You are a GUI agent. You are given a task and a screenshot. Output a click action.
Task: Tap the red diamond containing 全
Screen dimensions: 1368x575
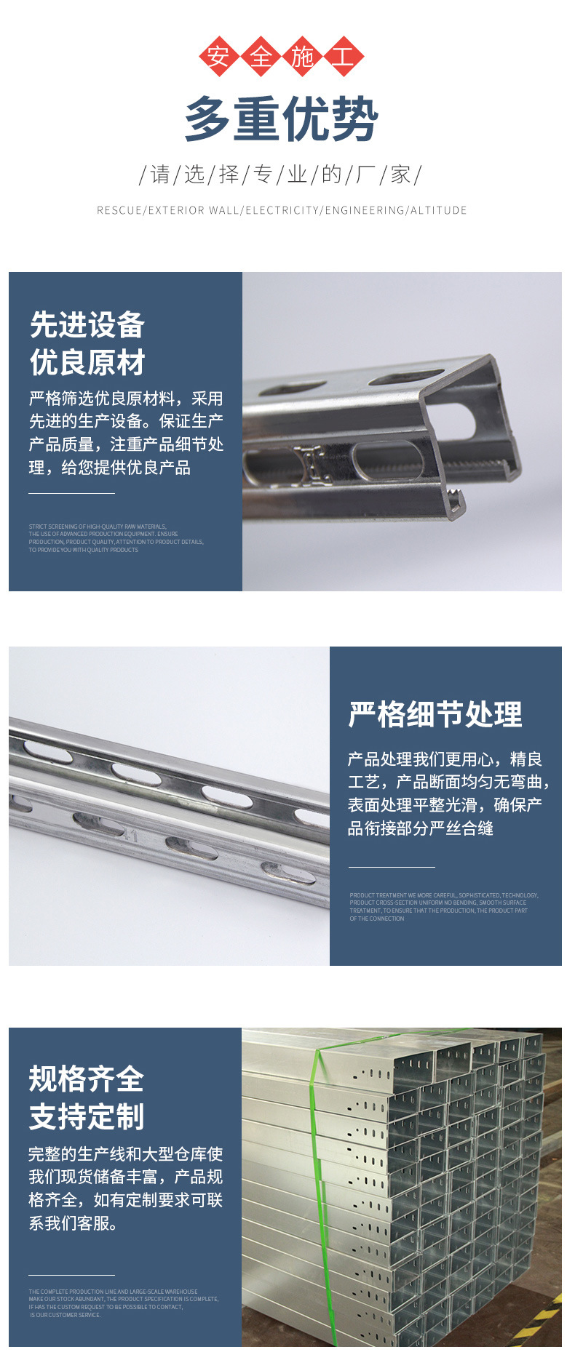261,56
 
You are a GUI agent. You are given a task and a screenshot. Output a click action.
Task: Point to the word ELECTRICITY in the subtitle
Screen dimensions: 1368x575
282,210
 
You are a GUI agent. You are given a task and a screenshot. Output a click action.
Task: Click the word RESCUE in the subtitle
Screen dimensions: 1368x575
119,210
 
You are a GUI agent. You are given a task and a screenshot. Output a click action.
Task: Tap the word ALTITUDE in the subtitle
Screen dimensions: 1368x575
438,210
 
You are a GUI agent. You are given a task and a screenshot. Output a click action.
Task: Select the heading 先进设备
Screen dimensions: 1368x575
87,325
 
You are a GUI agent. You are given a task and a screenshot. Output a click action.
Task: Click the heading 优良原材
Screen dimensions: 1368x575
87,362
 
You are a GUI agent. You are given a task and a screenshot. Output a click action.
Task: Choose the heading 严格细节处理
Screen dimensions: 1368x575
435,714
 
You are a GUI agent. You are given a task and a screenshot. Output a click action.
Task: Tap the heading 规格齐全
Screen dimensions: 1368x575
87,1079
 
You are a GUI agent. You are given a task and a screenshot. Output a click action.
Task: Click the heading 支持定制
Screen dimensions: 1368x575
87,1116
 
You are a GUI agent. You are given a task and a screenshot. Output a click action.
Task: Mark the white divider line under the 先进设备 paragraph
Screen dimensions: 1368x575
71,493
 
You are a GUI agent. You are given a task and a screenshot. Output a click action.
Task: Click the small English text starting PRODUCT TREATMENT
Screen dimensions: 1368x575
443,907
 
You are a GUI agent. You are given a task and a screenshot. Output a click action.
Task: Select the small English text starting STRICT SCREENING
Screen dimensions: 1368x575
116,538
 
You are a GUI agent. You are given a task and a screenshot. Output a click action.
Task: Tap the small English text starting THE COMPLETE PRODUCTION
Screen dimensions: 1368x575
123,1303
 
